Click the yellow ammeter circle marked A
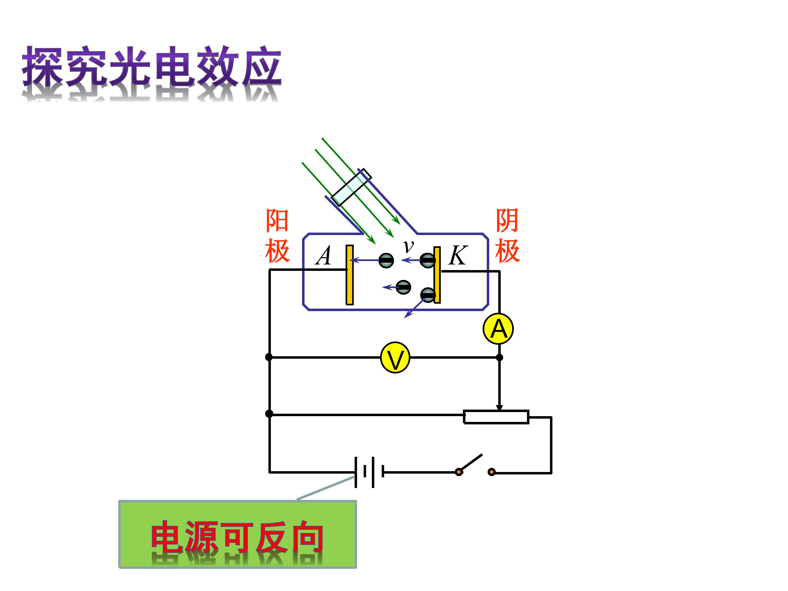click(x=498, y=328)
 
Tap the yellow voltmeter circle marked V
click(x=395, y=357)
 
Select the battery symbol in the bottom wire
click(x=369, y=472)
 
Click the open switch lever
click(x=470, y=463)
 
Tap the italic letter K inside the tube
click(x=457, y=256)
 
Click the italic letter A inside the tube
click(x=323, y=256)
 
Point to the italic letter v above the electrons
click(x=408, y=245)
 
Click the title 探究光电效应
click(x=152, y=66)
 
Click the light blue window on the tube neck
click(x=351, y=187)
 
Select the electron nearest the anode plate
click(x=386, y=260)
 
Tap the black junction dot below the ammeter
click(x=499, y=357)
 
